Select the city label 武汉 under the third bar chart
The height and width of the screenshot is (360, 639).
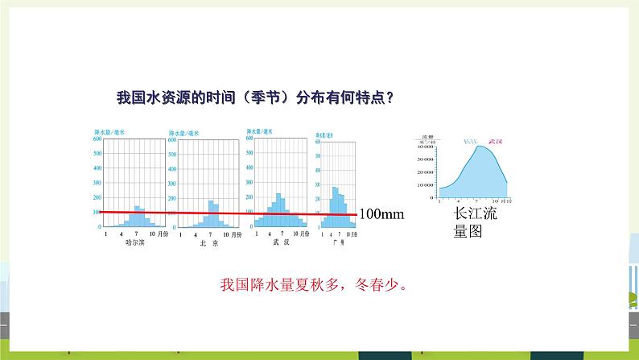[x=277, y=241]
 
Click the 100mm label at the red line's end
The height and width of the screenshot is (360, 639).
[x=380, y=214]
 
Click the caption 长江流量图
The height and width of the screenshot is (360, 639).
[x=472, y=223]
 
